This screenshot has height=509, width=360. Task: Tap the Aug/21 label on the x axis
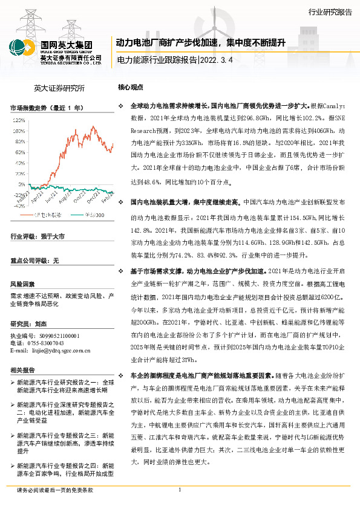66,197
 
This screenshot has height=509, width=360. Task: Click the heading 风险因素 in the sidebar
22,284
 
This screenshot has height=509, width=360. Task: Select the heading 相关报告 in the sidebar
22,370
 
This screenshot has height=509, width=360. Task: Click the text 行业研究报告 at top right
329,11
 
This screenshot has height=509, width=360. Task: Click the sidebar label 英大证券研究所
59,88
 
